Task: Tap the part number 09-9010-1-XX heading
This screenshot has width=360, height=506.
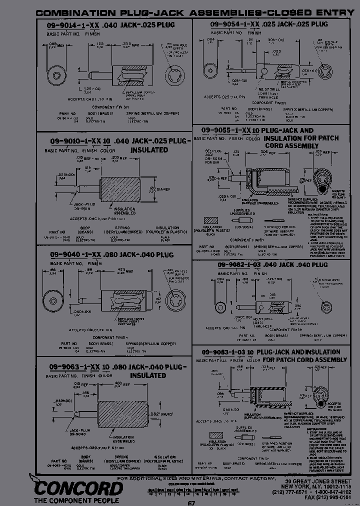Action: click(x=72, y=141)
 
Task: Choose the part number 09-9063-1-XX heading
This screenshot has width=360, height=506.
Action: click(x=73, y=366)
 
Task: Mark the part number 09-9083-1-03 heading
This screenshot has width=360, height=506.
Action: click(x=224, y=352)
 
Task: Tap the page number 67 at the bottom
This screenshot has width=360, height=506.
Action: click(x=191, y=502)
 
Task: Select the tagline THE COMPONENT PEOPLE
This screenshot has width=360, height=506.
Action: click(x=76, y=499)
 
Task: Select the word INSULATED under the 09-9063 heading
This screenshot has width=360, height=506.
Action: click(x=148, y=375)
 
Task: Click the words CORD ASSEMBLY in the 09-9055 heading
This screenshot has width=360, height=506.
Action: click(x=291, y=145)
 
